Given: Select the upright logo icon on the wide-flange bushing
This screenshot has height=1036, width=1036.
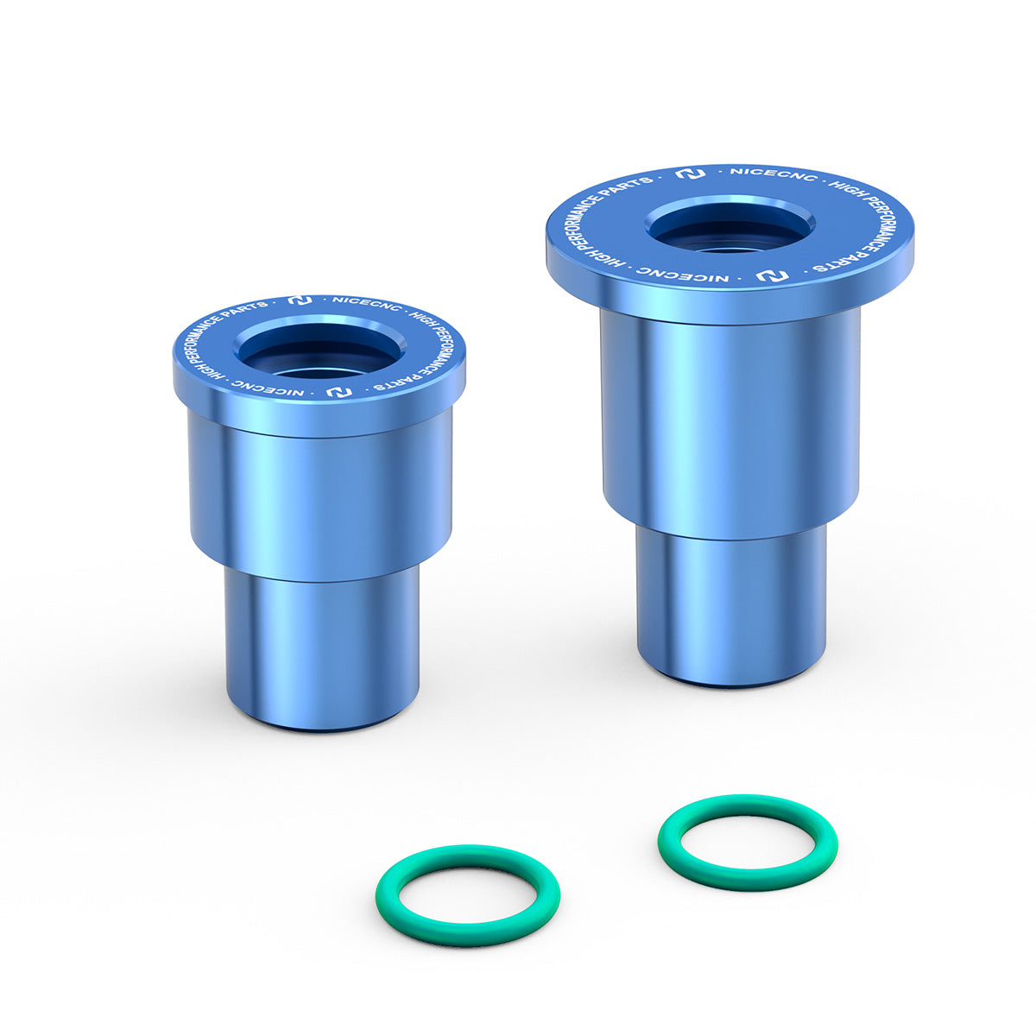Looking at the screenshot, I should (x=690, y=174).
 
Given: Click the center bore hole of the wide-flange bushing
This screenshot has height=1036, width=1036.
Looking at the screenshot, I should (x=730, y=227).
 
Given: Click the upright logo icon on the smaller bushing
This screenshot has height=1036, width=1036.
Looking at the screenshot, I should (x=300, y=301).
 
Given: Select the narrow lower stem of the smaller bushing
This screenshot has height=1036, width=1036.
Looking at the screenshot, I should (x=322, y=647).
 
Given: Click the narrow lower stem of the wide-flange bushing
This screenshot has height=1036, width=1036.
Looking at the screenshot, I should (x=730, y=604).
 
